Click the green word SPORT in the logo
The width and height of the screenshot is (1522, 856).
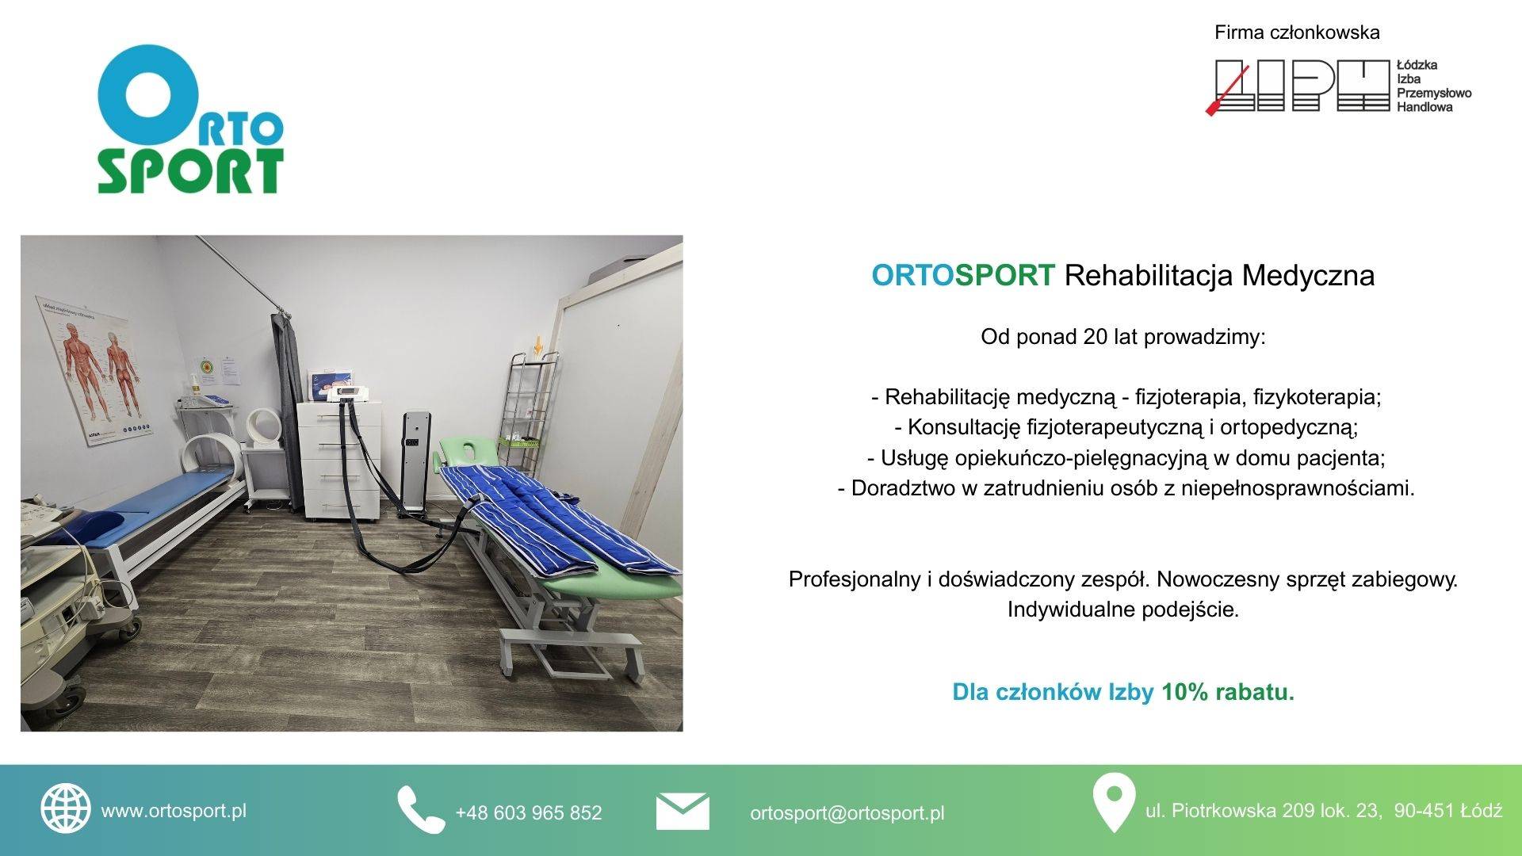click(x=190, y=171)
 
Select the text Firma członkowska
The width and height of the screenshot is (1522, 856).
click(x=1297, y=32)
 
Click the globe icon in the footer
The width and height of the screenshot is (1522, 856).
click(x=66, y=808)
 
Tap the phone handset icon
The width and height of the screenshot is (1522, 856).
click(x=420, y=809)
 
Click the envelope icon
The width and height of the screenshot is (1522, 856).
click(x=683, y=811)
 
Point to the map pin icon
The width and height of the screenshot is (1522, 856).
click(x=1113, y=802)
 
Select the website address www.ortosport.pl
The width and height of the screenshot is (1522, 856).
click(x=174, y=811)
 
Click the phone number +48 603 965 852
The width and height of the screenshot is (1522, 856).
click(x=528, y=812)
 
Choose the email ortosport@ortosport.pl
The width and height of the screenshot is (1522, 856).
click(x=847, y=813)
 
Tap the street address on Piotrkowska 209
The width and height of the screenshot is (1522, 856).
click(x=1324, y=811)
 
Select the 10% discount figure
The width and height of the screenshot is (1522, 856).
click(x=1184, y=692)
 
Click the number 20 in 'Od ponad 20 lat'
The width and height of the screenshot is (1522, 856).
click(x=1095, y=337)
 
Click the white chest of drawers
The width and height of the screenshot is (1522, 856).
click(x=339, y=460)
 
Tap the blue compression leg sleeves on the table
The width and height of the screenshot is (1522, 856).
click(x=555, y=519)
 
